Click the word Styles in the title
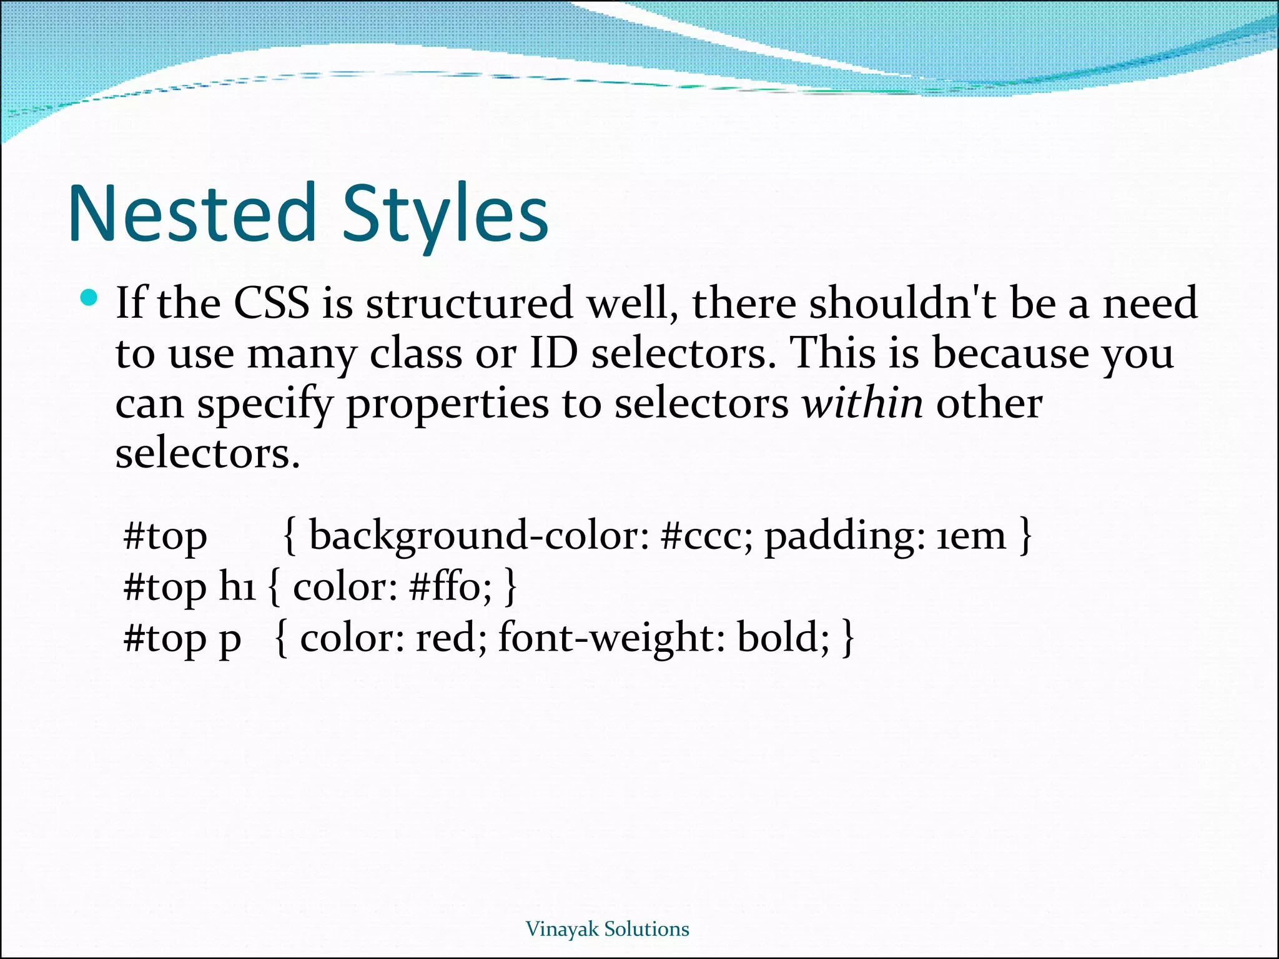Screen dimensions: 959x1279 pyautogui.click(x=445, y=214)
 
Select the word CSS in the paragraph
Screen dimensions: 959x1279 pyautogui.click(x=271, y=303)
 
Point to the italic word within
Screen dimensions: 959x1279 pyautogui.click(x=862, y=403)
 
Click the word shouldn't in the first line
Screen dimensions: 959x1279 pyautogui.click(x=903, y=303)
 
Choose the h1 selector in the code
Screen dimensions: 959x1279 pyautogui.click(x=237, y=587)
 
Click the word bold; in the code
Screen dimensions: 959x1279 pyautogui.click(x=784, y=638)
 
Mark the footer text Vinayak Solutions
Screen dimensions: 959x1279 pyautogui.click(x=608, y=928)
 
